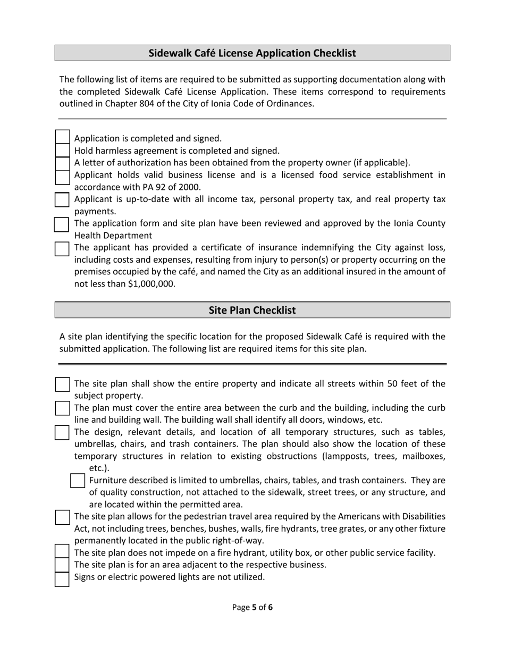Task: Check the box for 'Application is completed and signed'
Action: [x=62, y=138]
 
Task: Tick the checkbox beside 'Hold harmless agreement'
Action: [x=62, y=150]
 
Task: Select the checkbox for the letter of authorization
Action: [x=62, y=163]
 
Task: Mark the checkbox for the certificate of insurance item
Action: [x=62, y=248]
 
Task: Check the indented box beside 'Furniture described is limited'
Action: [x=78, y=481]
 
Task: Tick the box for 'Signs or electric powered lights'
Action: [x=62, y=579]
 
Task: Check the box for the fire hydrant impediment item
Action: [x=62, y=552]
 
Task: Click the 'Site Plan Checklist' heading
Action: [x=252, y=310]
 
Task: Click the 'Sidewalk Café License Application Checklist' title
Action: [x=252, y=53]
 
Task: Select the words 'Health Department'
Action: [x=113, y=236]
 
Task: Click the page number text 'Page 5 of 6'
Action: [x=252, y=607]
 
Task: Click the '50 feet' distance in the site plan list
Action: [x=405, y=383]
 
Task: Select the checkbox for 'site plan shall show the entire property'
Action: [x=62, y=384]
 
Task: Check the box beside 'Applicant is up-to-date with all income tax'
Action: [x=62, y=199]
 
